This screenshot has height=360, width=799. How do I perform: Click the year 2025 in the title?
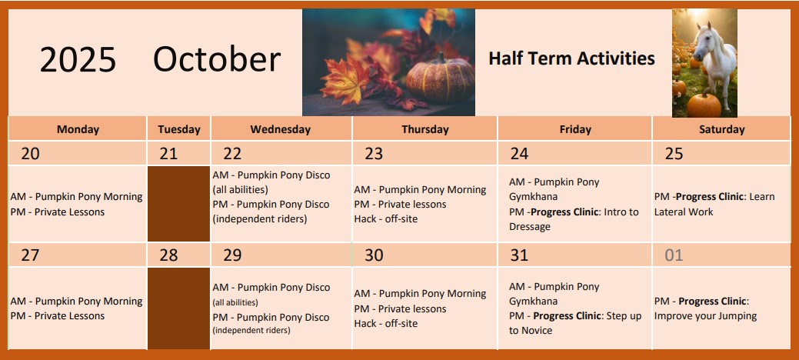pyautogui.click(x=78, y=59)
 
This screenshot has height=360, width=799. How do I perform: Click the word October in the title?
pyautogui.click(x=217, y=59)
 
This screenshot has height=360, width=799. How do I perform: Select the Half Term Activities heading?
pyautogui.click(x=571, y=58)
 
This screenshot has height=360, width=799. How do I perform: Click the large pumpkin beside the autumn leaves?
pyautogui.click(x=440, y=79)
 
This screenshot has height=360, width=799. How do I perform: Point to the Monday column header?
pyautogui.click(x=78, y=129)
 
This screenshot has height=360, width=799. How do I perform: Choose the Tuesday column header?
pyautogui.click(x=179, y=129)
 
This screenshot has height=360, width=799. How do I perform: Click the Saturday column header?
pyautogui.click(x=721, y=129)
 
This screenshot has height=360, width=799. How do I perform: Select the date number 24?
pyautogui.click(x=519, y=154)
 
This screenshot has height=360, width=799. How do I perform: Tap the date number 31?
pyautogui.click(x=519, y=255)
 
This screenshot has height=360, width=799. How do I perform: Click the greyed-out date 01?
pyautogui.click(x=674, y=255)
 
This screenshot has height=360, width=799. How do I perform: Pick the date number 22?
pyautogui.click(x=232, y=154)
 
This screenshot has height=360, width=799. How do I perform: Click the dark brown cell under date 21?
pyautogui.click(x=179, y=203)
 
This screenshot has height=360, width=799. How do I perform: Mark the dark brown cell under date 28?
pyautogui.click(x=179, y=308)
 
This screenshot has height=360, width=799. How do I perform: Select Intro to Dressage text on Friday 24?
pyautogui.click(x=574, y=219)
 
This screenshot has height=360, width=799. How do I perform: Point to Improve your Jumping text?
pyautogui.click(x=705, y=316)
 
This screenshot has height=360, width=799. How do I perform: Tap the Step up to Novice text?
pyautogui.click(x=575, y=323)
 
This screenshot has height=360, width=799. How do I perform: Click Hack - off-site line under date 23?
pyautogui.click(x=386, y=218)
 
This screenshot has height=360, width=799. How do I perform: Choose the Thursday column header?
pyautogui.click(x=425, y=129)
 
